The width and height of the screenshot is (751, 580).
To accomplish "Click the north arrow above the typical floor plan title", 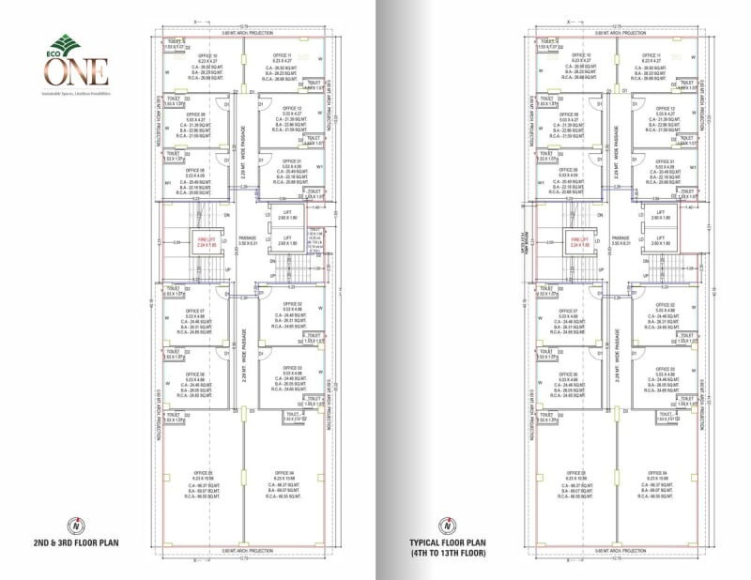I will click(x=449, y=524).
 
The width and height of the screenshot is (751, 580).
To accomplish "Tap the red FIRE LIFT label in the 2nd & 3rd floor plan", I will click(x=206, y=240).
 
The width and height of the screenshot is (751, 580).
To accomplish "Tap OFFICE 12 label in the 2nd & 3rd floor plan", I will click(x=292, y=108).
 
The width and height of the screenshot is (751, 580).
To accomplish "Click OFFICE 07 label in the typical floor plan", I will click(x=569, y=311).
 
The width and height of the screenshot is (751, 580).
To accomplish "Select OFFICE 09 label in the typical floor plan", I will click(x=569, y=114).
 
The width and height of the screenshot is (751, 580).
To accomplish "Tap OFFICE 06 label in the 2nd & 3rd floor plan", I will click(x=195, y=373).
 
